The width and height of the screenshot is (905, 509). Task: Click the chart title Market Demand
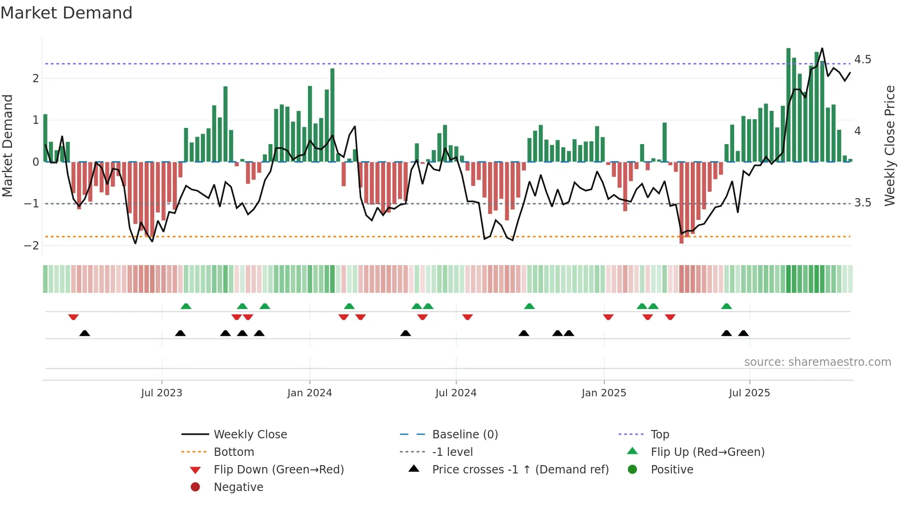pos(66,13)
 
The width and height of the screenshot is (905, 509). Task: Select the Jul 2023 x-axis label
pos(162,393)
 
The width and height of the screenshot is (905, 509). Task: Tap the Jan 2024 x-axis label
pos(309,393)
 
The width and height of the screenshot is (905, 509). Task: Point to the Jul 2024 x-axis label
pos(456,393)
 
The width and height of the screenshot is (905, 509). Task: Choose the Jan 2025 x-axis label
pos(603,393)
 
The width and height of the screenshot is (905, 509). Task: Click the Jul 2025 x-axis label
pos(749,393)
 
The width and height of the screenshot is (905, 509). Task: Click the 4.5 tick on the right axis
pos(862,60)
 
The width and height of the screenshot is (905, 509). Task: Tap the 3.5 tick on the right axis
pos(862,203)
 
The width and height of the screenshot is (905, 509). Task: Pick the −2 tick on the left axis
pos(31,246)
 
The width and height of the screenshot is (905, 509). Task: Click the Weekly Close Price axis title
pos(889,145)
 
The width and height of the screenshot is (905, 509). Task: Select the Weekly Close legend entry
pos(250,435)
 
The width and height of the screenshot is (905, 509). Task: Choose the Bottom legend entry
pos(234,452)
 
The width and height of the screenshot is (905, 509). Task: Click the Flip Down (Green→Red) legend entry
pos(278,470)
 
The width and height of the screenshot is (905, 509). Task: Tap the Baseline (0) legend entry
pos(465,435)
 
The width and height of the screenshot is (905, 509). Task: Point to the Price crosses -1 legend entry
pos(520,470)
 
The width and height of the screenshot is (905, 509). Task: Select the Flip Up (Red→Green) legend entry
pos(707,452)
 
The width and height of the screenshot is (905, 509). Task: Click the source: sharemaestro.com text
pos(817,362)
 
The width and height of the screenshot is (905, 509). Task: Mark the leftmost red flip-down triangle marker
pos(73,317)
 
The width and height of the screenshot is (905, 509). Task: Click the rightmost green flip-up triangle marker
pos(726,306)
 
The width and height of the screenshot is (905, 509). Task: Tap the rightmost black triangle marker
pos(743,333)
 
